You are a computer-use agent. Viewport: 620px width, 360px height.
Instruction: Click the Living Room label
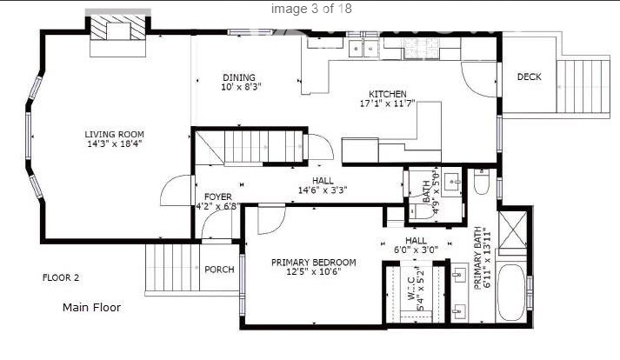click(113, 135)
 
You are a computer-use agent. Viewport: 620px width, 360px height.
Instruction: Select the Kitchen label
click(387, 94)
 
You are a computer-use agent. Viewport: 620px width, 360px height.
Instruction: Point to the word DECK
click(529, 77)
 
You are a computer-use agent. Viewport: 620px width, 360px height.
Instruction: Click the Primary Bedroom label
click(313, 263)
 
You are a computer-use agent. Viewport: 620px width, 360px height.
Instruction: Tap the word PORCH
click(219, 270)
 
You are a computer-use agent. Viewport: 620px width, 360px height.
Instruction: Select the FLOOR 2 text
click(61, 278)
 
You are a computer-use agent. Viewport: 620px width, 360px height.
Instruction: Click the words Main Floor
click(91, 307)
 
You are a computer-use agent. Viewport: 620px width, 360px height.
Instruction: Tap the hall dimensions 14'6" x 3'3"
click(329, 190)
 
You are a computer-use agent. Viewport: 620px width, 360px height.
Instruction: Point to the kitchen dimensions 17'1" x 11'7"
click(387, 104)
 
